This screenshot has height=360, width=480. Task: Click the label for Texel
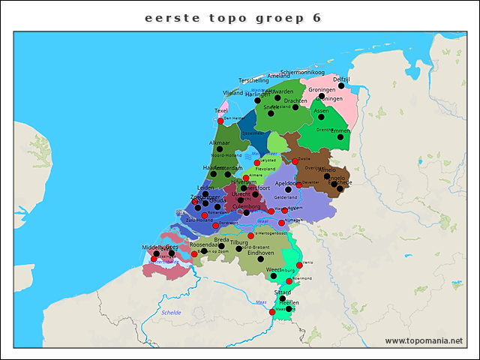tap(221, 110)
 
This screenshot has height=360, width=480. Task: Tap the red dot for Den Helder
tap(220, 120)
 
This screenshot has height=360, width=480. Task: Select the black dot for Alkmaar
tap(220, 149)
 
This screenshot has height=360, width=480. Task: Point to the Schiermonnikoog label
tap(302, 73)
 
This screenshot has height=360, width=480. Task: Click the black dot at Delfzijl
tap(341, 86)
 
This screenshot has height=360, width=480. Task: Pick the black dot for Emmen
tap(340, 137)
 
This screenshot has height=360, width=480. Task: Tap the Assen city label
tap(321, 110)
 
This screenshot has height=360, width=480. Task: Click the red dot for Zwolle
tap(295, 161)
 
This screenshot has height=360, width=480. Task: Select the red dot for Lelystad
tap(257, 163)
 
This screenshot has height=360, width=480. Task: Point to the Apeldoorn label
tap(288, 183)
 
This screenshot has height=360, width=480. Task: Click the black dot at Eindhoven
tap(260, 259)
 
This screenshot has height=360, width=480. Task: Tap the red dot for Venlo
tap(299, 265)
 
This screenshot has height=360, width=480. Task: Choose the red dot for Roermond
tap(289, 281)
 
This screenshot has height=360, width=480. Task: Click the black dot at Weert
tap(273, 276)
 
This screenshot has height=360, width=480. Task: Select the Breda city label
tap(221, 240)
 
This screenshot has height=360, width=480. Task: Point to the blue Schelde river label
tap(171, 313)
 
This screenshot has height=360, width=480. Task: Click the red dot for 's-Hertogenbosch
tap(251, 235)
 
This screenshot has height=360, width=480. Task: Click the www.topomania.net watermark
tap(424, 341)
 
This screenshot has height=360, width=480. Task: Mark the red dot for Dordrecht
tap(216, 225)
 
